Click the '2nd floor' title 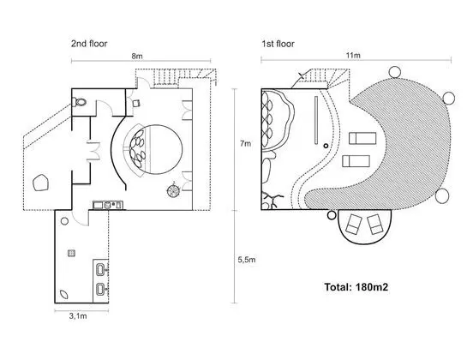(x=89, y=44)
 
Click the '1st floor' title (x=278, y=44)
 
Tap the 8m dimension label (x=137, y=56)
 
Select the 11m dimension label (x=353, y=56)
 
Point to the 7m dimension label (x=245, y=143)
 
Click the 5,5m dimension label (x=247, y=260)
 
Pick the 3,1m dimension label (x=78, y=316)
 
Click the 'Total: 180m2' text (x=356, y=286)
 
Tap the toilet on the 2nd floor (x=79, y=102)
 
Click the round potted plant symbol (x=174, y=190)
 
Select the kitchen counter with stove (x=108, y=205)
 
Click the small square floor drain (x=71, y=253)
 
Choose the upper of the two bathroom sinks (x=101, y=269)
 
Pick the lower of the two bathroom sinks (x=101, y=289)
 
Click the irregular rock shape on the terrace (x=41, y=183)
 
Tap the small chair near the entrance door (x=136, y=104)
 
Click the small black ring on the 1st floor (x=326, y=146)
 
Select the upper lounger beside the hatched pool (x=362, y=138)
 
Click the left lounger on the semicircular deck (x=354, y=225)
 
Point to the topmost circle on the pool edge (x=394, y=72)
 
